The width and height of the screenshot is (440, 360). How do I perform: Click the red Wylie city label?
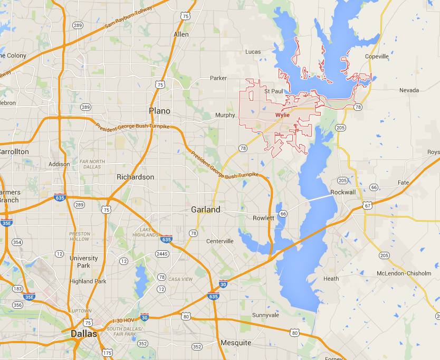[x=282, y=115]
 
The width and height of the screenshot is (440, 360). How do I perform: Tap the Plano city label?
[x=159, y=111]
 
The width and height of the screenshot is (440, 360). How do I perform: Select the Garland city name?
[x=206, y=210]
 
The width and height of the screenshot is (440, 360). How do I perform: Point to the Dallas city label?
[x=84, y=334]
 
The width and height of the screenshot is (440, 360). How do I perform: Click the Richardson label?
[x=136, y=177]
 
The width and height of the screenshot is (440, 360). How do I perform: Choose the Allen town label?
[x=181, y=34]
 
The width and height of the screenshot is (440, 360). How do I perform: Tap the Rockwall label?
[x=343, y=192]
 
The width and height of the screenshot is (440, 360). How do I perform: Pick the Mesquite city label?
[x=236, y=343]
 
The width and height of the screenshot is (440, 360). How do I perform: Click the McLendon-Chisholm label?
[x=404, y=273]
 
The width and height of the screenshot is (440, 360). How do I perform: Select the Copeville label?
[x=377, y=56]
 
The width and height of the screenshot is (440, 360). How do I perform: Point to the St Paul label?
[x=274, y=91]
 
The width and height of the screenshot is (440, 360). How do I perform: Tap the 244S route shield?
[x=162, y=254]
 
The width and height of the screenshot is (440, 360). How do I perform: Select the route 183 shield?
[x=17, y=289]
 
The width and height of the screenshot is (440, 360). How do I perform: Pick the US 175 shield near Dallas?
[x=108, y=353]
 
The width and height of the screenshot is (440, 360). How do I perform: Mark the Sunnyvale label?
[x=265, y=315]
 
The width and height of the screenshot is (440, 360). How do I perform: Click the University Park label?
[x=84, y=262]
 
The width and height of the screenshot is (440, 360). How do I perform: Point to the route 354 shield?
[x=17, y=242]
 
